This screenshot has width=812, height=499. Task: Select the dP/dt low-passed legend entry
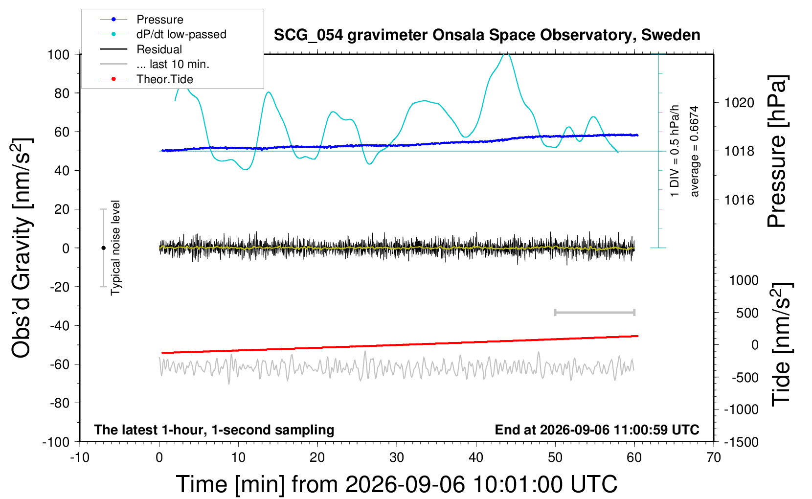pos(163,34)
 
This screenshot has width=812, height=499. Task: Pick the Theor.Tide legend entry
pos(146,79)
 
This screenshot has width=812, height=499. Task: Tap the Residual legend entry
pos(141,49)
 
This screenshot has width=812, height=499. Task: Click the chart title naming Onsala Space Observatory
pos(487,35)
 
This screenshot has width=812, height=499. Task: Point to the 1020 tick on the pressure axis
pos(739,103)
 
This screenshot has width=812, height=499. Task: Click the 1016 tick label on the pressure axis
pos(739,200)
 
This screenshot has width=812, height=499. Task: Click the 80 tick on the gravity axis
pos(62,93)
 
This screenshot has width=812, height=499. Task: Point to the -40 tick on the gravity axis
pos(59,326)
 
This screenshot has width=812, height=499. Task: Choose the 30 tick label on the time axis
pos(397,457)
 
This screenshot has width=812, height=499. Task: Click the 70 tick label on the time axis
pos(713,457)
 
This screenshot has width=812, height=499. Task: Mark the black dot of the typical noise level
pos(103,248)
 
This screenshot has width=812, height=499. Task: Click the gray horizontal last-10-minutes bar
pos(595,312)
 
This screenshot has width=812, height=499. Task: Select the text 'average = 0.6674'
pos(694,151)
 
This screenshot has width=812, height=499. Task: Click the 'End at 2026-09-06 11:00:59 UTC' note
pos(597,430)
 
